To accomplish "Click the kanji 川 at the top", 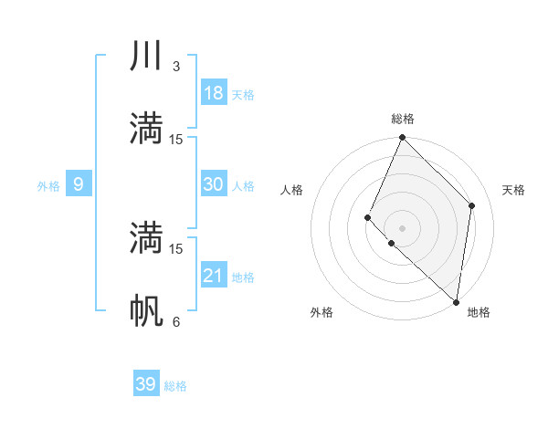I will (146, 56).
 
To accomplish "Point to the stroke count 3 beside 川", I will (176, 66).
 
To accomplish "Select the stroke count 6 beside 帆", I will (176, 321).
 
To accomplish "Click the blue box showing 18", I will (214, 93).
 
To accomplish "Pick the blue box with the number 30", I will (214, 184).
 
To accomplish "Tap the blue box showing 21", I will (214, 276).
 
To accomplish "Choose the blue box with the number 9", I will (79, 185).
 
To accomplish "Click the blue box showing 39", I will (146, 384).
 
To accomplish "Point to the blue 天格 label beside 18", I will (243, 95).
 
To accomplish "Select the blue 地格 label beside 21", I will (243, 277).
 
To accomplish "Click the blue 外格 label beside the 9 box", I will (48, 186).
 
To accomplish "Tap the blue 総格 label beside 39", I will (175, 386).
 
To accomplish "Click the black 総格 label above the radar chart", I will (403, 119).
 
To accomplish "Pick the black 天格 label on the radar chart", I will (514, 190).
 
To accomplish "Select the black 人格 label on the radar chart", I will (291, 190).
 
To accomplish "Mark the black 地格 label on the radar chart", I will (479, 312).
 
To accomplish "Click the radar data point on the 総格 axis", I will (402, 138).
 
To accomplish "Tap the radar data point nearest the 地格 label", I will (457, 302).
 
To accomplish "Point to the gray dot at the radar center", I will (402, 227).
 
